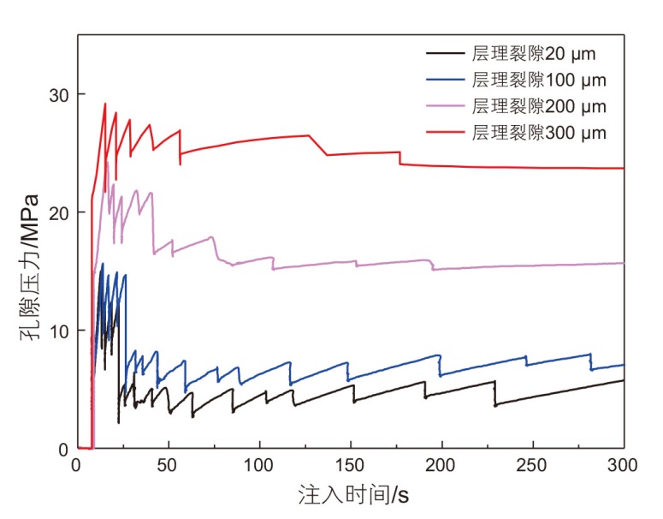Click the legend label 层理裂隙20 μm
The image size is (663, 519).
coord(533,54)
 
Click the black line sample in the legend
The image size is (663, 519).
coord(446,54)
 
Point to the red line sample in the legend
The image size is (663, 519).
coord(446,134)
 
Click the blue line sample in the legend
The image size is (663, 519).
coord(446,81)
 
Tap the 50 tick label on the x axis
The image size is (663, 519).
coord(168,465)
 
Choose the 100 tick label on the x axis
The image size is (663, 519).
coord(259,465)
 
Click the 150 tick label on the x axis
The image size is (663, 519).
coord(350,465)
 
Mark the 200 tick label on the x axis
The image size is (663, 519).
coord(441,465)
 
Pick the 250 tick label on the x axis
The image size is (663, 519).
coord(532,465)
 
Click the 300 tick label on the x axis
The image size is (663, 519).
coord(623,465)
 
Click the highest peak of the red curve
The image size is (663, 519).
coord(105,104)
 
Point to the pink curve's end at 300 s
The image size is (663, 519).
coord(623,263)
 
